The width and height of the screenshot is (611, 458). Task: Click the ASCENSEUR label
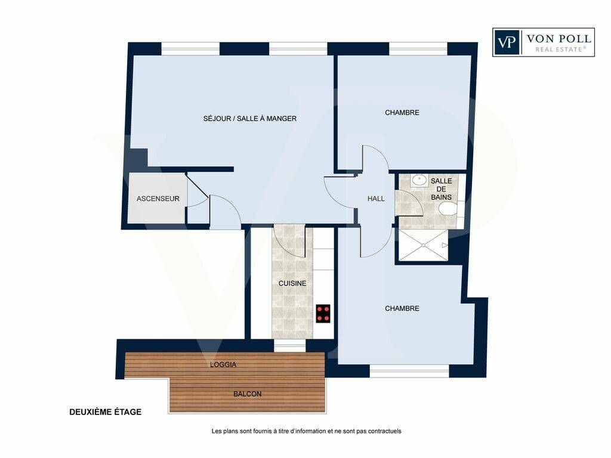tap(158, 199)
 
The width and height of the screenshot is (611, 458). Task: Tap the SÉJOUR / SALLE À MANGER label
tap(250, 119)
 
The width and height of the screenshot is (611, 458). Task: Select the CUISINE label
tap(292, 283)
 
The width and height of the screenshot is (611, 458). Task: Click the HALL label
tap(376, 199)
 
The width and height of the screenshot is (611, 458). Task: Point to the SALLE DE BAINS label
tap(441, 189)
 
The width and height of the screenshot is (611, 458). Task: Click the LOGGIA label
tap(223, 365)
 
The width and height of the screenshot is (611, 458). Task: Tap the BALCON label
tap(248, 394)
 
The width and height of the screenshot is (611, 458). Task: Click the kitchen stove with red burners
tap(323, 314)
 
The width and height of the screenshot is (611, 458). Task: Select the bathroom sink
tap(419, 180)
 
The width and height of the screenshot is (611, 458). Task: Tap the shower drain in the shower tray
tap(423, 245)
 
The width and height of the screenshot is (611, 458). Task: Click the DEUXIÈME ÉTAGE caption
tap(105, 412)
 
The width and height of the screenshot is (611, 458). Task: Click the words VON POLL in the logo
tap(558, 39)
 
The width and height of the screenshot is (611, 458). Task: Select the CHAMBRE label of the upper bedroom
tap(402, 113)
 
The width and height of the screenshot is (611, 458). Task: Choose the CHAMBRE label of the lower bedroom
tap(402, 308)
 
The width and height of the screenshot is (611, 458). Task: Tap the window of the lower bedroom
tap(409, 371)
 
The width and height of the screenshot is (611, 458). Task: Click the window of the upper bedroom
tap(418, 49)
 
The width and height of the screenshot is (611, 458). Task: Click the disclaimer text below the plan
tap(306, 431)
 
